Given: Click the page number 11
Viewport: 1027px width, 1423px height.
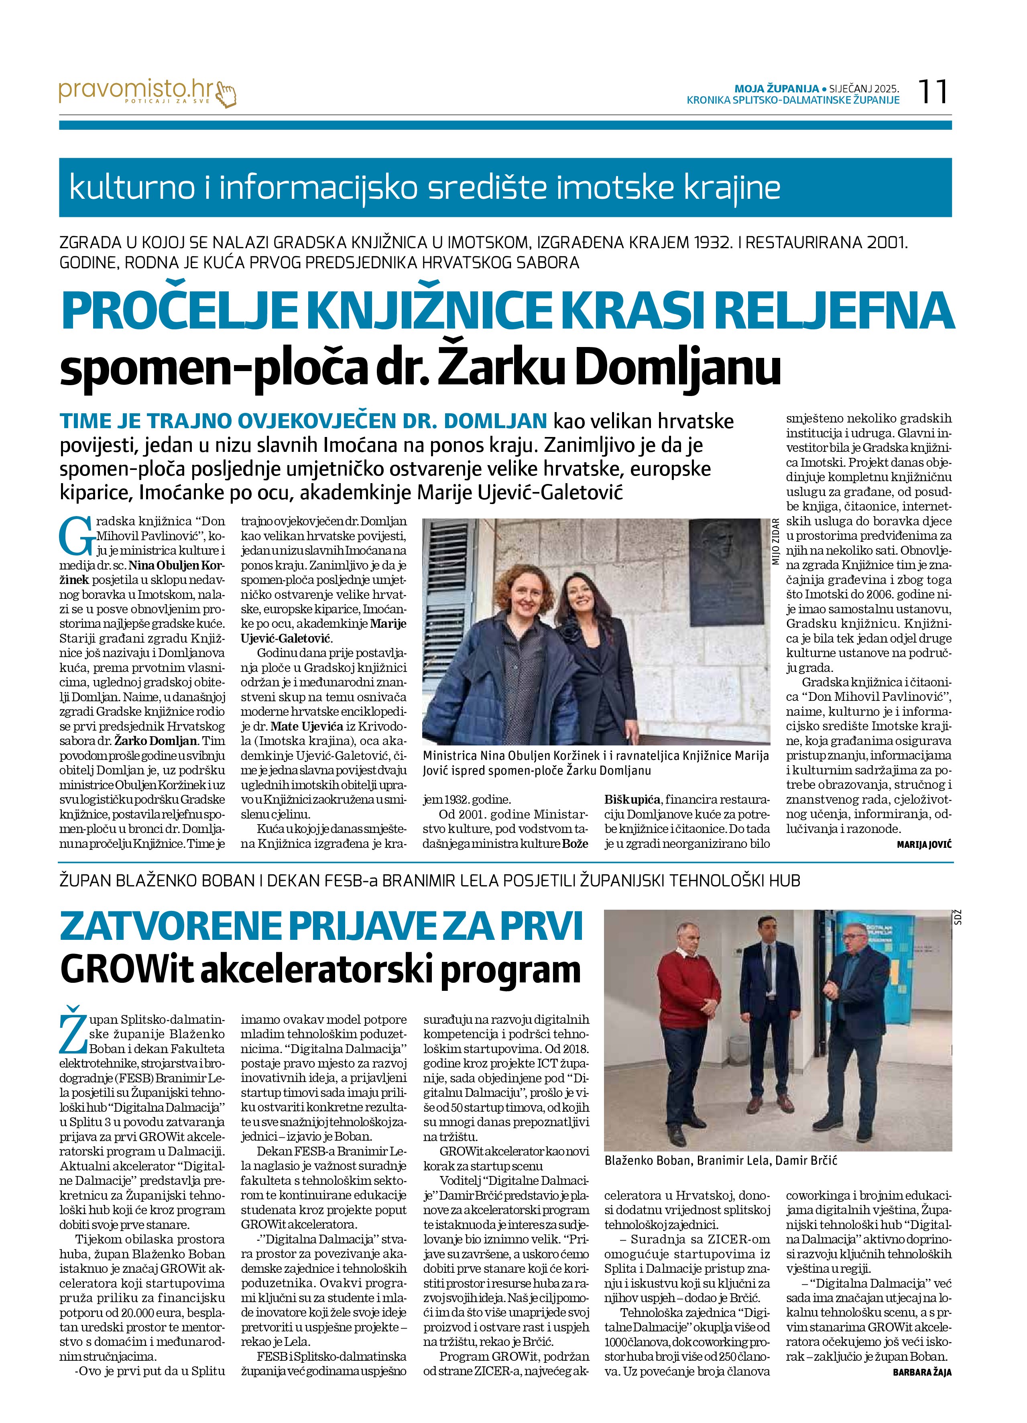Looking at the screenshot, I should pos(933,92).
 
